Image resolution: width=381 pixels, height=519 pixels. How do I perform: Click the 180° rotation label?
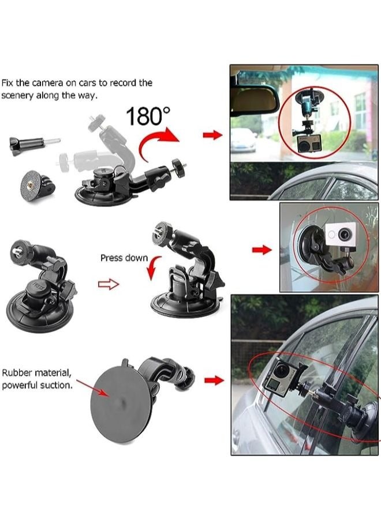(148, 116)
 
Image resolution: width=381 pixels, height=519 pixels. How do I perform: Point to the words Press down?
(124, 258)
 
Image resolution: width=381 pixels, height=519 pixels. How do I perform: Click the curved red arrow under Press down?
(153, 268)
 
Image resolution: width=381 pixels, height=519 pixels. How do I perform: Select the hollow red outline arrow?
(109, 284)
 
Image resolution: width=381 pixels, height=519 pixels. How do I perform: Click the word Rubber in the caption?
(17, 373)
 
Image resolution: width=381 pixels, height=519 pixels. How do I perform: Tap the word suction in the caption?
(55, 385)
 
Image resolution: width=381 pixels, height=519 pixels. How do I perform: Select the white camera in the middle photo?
(341, 235)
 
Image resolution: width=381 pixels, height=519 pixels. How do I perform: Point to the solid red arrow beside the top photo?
(212, 135)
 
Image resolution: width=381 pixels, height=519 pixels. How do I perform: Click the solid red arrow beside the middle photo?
(262, 250)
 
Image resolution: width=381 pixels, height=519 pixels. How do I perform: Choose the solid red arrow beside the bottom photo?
(214, 381)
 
